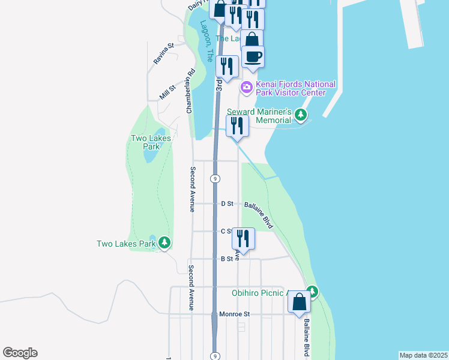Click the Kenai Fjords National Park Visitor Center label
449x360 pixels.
295,88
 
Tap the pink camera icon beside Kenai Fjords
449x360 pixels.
246,88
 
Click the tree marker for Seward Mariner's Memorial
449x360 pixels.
301,115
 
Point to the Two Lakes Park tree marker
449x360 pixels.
164,243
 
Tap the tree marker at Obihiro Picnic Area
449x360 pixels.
312,292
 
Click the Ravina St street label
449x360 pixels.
163,53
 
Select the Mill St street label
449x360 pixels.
167,92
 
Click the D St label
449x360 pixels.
227,204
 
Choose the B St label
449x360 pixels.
226,259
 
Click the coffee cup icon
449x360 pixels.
253,56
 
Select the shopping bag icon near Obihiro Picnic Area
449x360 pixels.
299,302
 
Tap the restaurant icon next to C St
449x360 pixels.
243,237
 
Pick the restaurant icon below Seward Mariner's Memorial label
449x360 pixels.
238,125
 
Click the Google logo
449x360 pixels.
20,353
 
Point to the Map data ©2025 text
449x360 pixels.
424,355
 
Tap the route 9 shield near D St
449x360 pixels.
215,179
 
